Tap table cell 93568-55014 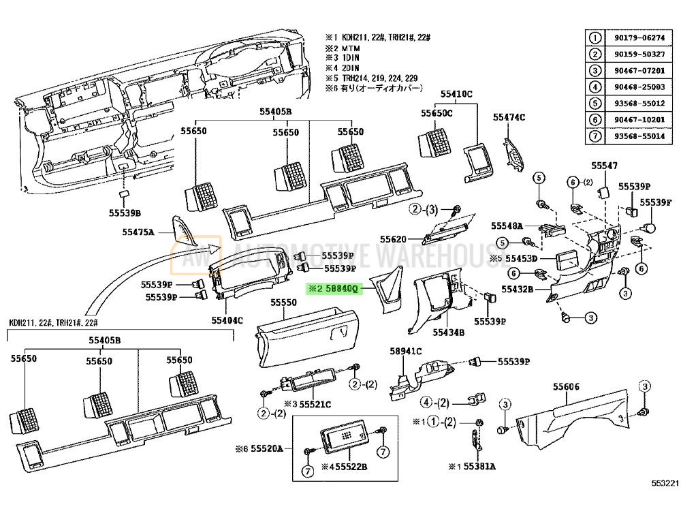coord(640,136)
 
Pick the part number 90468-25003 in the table coord(640,87)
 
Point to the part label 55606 coord(566,387)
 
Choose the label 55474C coord(509,117)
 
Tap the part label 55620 coord(393,239)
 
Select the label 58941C coord(406,351)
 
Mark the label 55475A coord(139,232)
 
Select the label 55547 coord(604,166)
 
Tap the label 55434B coord(448,332)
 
